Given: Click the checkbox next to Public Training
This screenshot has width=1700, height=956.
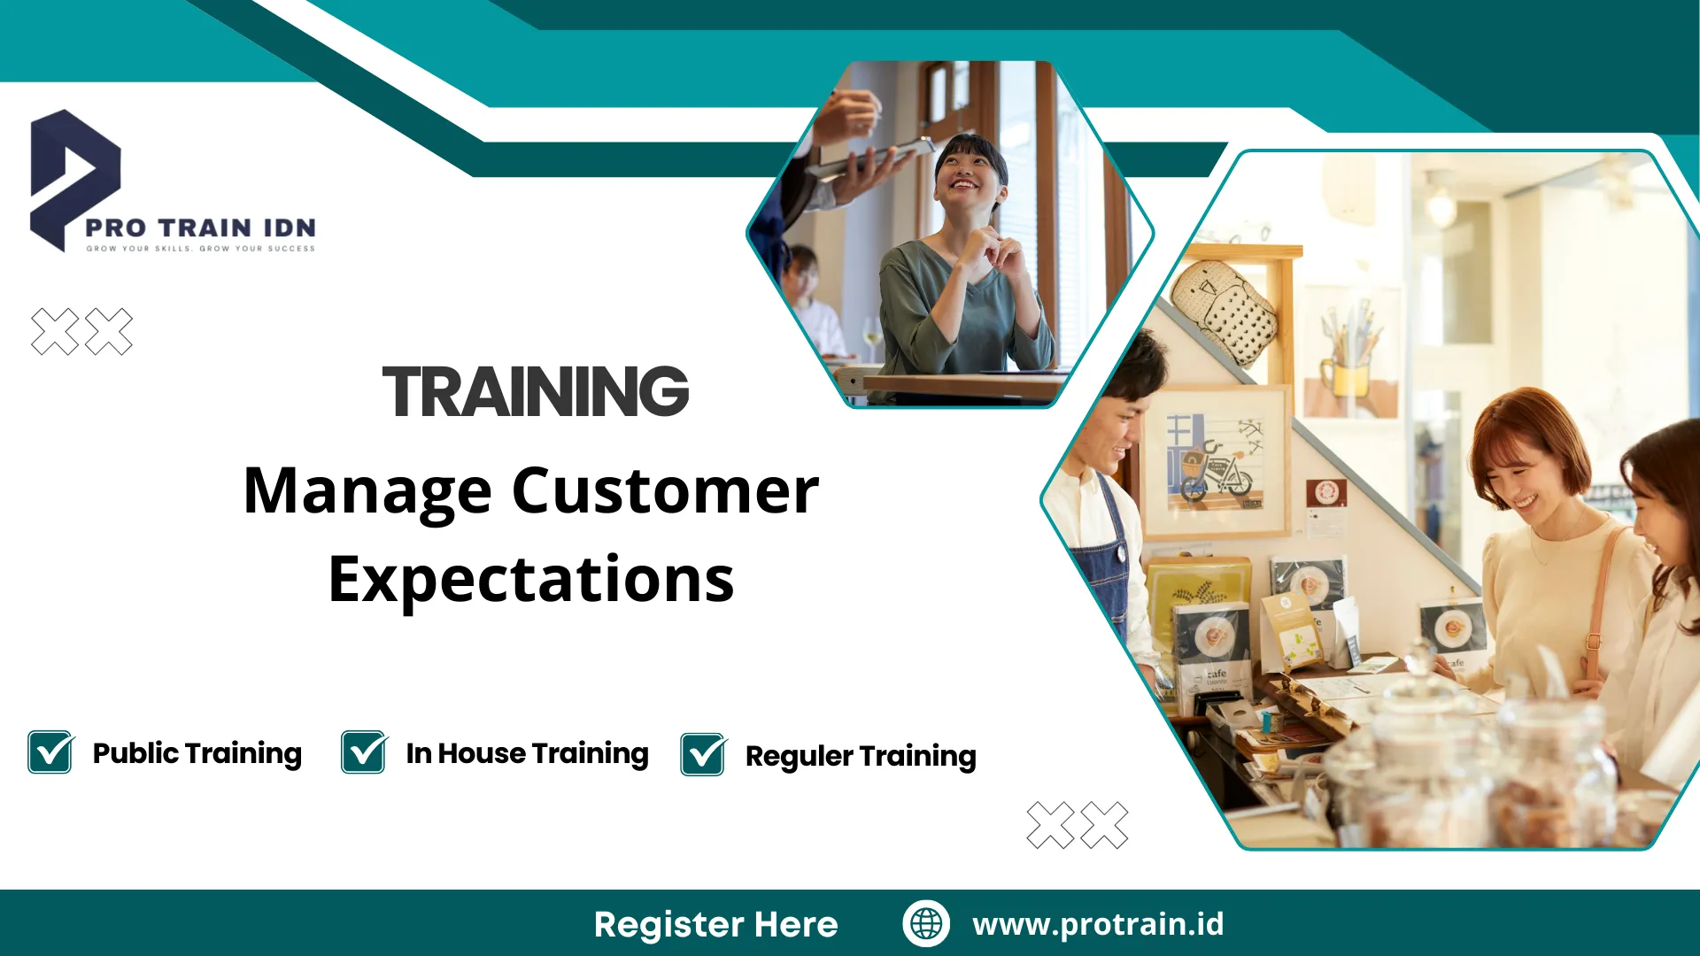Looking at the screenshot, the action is coord(51,752).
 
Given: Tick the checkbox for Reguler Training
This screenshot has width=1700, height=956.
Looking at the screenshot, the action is coord(704,754).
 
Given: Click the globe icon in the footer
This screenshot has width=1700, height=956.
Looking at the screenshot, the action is coord(926,923).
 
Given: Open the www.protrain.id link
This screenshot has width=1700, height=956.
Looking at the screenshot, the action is coord(1098,923).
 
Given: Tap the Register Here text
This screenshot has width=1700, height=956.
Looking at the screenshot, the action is coord(715,924).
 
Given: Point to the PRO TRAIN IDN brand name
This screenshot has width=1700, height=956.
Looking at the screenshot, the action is coord(200,227).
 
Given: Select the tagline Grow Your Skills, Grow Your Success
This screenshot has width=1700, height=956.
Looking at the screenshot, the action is coord(200,249).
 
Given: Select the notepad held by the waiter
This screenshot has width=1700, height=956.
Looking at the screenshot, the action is coord(868,159).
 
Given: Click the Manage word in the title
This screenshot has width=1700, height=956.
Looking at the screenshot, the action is coord(367,492).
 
